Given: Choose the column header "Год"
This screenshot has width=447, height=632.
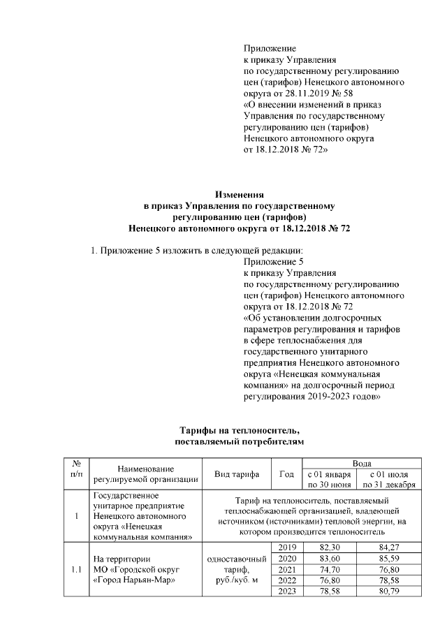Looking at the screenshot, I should pos(286,474).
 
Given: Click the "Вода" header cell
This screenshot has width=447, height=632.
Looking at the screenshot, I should pos(361,464).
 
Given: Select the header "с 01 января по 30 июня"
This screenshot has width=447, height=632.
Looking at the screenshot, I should pos(328,480).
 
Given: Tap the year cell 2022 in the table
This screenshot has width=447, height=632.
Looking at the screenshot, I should pos(286,581).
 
